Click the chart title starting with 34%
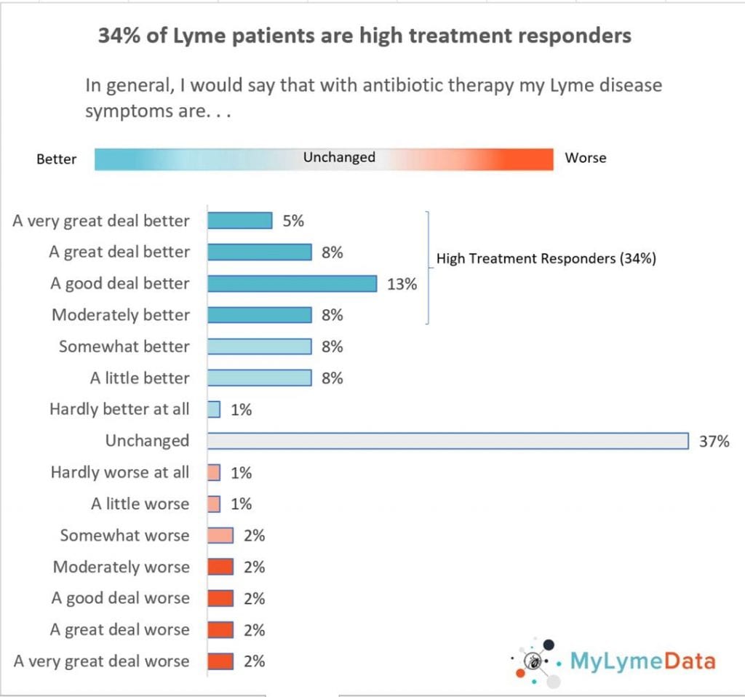tap(364, 36)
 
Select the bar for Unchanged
tap(447, 441)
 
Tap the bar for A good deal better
tap(292, 283)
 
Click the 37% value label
tap(714, 441)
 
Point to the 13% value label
tap(402, 284)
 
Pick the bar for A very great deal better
tap(239, 220)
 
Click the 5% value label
tap(293, 220)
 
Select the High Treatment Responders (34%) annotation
tap(546, 258)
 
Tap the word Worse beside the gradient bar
tap(585, 158)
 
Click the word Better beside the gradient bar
tap(56, 159)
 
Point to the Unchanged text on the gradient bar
tap(339, 157)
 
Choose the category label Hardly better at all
tap(119, 409)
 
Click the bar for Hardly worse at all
tap(214, 472)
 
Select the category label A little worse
tap(140, 503)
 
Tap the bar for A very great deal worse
tap(220, 661)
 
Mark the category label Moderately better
tap(121, 315)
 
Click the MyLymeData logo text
tap(642, 661)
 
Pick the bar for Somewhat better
tap(260, 346)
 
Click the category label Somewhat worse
tap(124, 535)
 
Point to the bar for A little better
tap(260, 378)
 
